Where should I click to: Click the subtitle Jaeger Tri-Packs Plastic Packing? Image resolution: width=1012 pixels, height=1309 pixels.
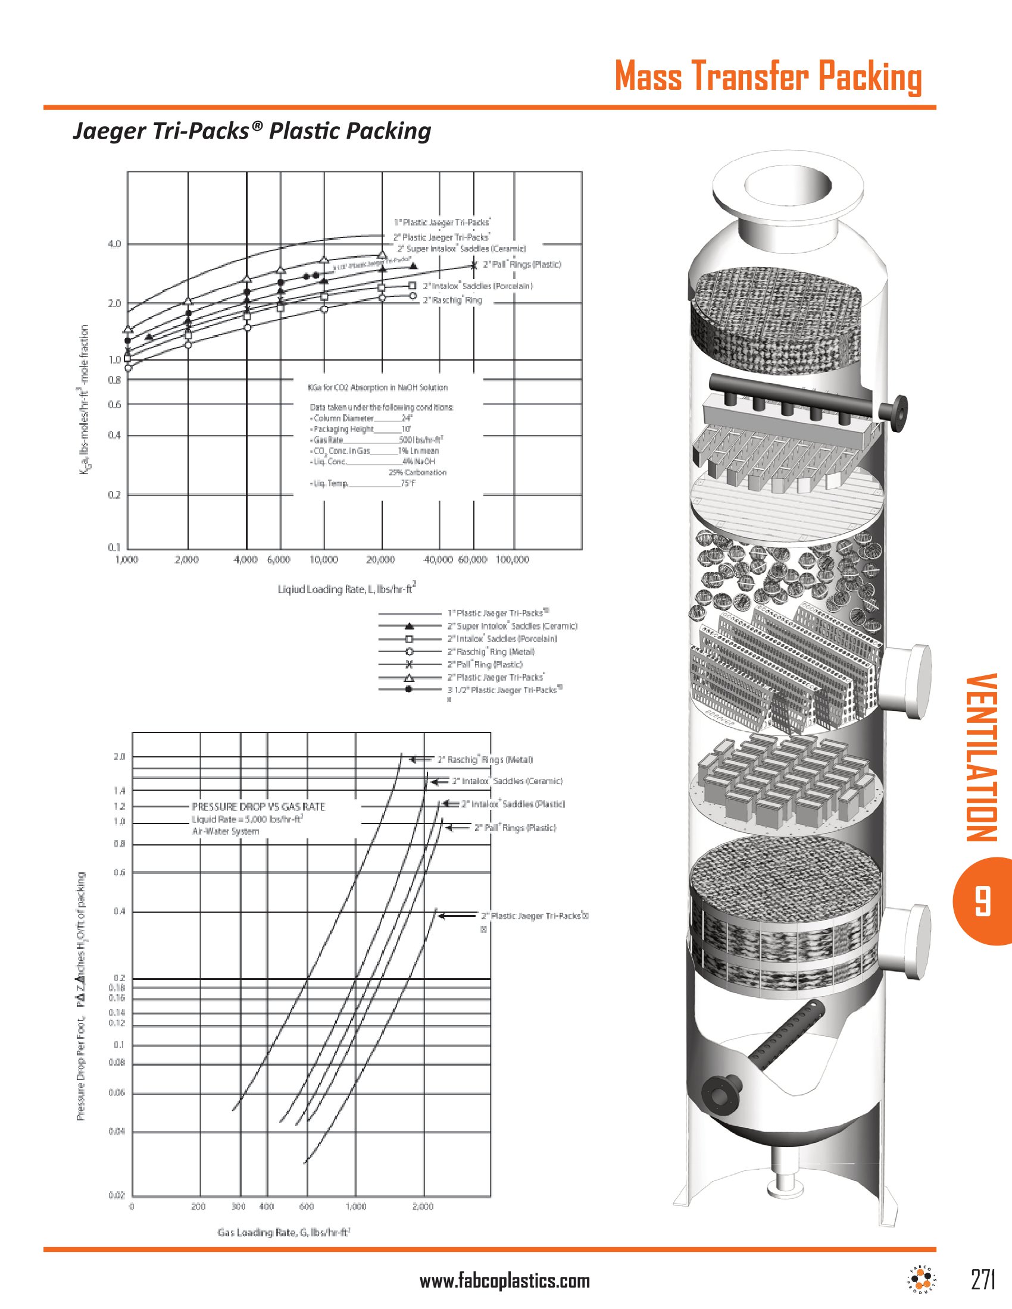[252, 131]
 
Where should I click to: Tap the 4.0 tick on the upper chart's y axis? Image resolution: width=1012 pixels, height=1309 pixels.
[114, 244]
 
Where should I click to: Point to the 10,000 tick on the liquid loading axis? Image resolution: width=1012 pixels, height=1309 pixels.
[324, 560]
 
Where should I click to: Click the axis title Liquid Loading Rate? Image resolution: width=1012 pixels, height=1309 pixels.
[346, 589]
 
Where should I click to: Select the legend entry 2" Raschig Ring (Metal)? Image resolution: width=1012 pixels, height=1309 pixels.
[491, 652]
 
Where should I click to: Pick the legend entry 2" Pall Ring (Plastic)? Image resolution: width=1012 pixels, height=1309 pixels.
[485, 664]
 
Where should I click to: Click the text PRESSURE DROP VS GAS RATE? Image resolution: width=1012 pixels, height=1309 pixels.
[258, 807]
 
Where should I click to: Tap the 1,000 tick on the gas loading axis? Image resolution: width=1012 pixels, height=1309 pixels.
[355, 1207]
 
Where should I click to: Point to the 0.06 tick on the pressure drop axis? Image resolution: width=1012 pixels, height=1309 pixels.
[117, 1092]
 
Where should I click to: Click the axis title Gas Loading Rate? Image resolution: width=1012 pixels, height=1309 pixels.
[283, 1232]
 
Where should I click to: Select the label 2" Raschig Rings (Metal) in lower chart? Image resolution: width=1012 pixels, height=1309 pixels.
[485, 760]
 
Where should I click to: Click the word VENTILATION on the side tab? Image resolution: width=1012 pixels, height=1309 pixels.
[982, 757]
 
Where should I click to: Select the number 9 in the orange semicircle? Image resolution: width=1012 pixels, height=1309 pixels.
[982, 901]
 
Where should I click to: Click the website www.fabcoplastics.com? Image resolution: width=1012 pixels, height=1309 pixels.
[504, 1282]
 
